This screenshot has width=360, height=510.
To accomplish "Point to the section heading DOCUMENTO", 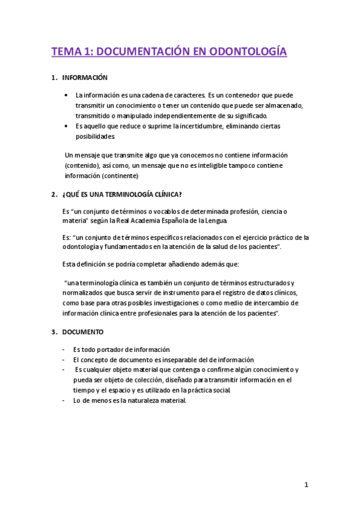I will (83, 331).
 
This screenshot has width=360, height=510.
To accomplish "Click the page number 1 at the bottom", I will (306, 485).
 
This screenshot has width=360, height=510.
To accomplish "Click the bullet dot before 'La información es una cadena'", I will (66, 95).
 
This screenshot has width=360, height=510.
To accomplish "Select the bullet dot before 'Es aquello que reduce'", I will (66, 126).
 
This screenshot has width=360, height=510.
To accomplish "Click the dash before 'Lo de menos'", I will (64, 401).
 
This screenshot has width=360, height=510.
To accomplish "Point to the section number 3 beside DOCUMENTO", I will (53, 331).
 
